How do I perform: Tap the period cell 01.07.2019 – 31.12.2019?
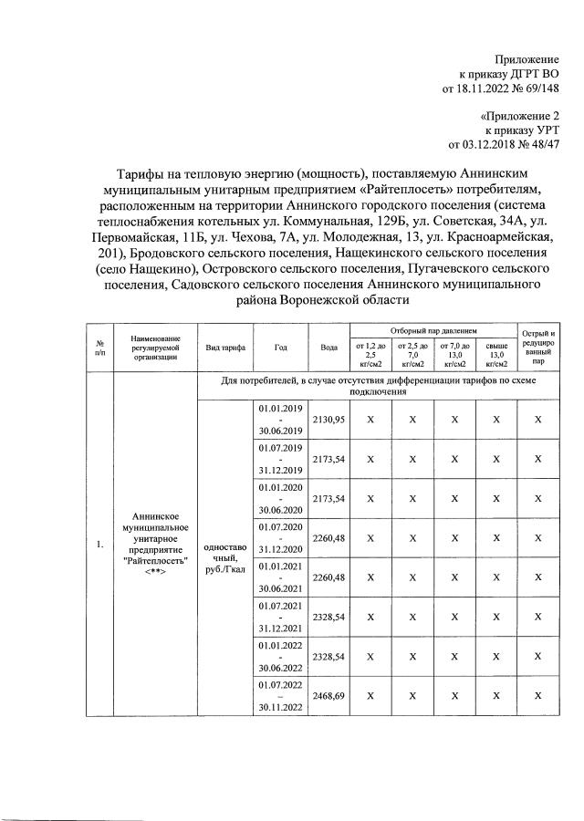(x=280, y=460)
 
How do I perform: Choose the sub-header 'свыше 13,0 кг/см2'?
(x=497, y=354)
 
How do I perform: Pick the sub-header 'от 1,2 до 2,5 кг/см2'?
(x=370, y=354)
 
